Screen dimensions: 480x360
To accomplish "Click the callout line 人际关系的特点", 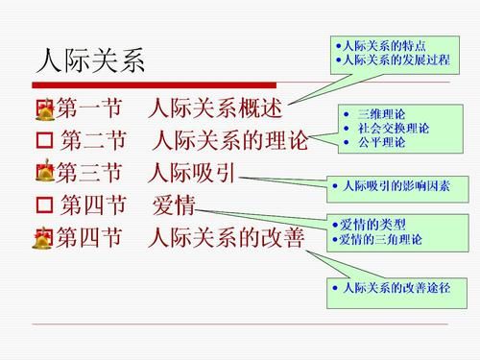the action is [x=385, y=46].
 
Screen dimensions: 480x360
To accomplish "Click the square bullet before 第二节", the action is [x=42, y=142].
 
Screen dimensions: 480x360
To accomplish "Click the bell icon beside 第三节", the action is [x=43, y=174].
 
